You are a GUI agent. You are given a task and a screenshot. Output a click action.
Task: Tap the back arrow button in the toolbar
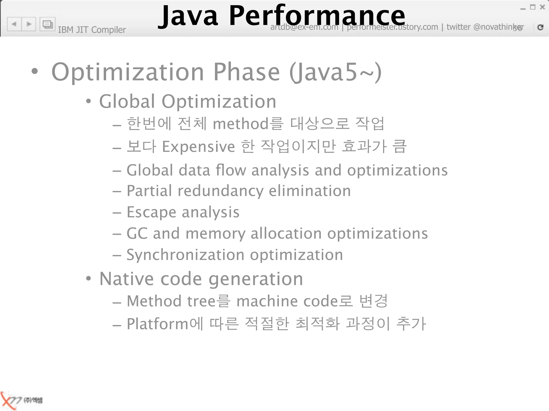tap(14, 24)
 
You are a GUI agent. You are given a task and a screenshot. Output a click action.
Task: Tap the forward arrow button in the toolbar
tap(29, 24)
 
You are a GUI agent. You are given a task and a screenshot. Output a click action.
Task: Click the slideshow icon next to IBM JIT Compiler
tap(47, 24)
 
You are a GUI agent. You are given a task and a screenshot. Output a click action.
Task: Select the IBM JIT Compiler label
tap(92, 30)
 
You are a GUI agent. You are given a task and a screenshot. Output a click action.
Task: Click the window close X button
tap(542, 7)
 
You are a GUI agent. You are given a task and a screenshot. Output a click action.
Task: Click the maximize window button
tap(533, 7)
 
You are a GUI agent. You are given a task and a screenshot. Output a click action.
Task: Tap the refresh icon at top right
tap(540, 27)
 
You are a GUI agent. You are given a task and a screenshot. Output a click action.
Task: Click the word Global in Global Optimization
tap(127, 101)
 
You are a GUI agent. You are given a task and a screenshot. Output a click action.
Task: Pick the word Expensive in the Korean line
tap(198, 147)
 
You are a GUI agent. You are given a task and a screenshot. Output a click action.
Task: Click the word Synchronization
tap(185, 255)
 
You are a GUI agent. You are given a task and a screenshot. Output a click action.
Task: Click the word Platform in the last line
tap(158, 324)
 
